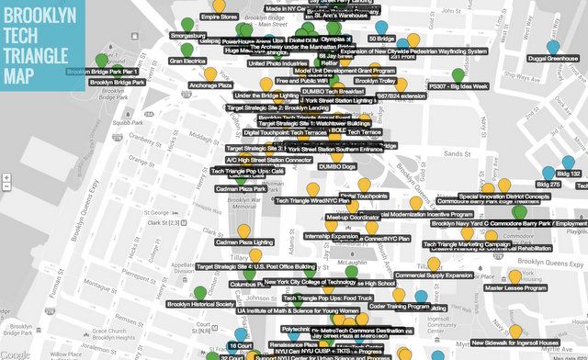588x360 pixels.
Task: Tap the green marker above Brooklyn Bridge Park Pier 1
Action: (102, 61)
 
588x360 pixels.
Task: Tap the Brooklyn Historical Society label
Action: (201, 303)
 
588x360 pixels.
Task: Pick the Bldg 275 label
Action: (549, 185)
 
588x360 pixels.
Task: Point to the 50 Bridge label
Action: (381, 39)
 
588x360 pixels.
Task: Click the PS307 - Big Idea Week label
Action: (459, 86)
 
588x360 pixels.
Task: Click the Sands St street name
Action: (451, 129)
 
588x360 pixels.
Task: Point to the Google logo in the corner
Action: (15, 354)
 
